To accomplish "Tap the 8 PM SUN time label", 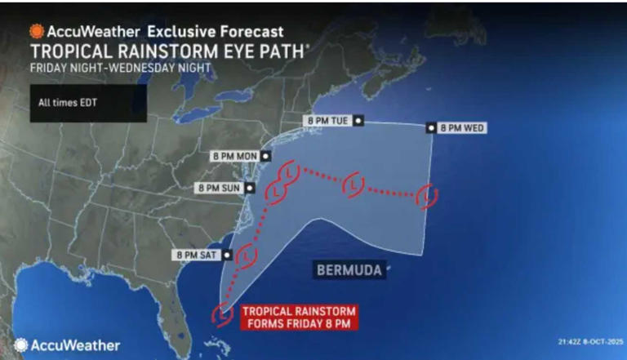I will click(220, 189).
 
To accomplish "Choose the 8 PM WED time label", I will click(462, 127).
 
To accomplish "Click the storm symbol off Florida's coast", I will click(221, 313).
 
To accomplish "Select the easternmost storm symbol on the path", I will click(426, 197).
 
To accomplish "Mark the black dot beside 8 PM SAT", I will click(227, 254).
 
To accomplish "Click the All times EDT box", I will click(88, 103).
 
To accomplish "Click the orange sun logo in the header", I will click(37, 32).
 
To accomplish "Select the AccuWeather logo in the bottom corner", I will click(67, 345).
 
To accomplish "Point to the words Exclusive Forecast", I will click(215, 32).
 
